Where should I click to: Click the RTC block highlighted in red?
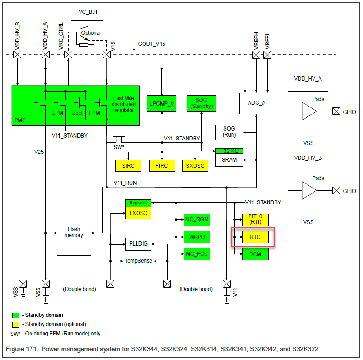(255, 237)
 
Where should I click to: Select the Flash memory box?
(74, 233)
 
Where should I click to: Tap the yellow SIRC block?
(128, 165)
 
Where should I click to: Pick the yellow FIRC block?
(162, 165)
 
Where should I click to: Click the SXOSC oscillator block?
(195, 165)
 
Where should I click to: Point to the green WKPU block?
(197, 237)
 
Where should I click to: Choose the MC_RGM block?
(197, 219)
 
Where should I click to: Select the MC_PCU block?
(197, 254)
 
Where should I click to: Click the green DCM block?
(255, 254)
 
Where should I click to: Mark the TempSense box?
(138, 261)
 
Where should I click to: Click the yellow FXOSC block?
(138, 213)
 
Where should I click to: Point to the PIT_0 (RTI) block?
(255, 219)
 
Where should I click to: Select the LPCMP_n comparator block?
(162, 103)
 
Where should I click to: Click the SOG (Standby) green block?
(201, 103)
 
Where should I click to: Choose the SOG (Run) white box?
(229, 132)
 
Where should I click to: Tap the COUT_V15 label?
(151, 44)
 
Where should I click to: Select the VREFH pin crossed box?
(256, 55)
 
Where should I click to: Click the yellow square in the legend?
(14, 324)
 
